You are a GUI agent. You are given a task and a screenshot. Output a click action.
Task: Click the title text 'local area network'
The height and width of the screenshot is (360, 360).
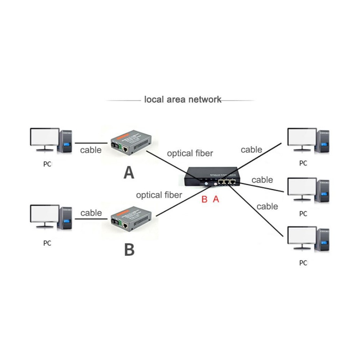pos(183,100)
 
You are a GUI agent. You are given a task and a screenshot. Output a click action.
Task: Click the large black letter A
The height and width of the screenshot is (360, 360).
pos(129,173)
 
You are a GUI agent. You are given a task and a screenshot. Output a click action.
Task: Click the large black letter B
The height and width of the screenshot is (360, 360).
pos(129,250)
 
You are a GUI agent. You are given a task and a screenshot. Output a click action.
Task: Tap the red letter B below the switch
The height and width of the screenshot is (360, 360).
pos(204,199)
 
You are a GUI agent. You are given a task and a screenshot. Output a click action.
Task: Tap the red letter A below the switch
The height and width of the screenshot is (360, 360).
pos(216,199)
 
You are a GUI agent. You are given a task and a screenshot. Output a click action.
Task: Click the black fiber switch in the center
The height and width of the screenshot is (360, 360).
pos(212,177)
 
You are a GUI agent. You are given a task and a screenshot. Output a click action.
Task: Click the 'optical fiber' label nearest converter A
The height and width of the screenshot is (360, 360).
pos(190,153)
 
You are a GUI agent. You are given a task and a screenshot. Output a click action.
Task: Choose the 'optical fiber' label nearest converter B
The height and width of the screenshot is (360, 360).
pos(159,195)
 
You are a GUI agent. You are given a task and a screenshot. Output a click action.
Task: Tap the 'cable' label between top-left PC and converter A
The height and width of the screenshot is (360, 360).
pos(91,150)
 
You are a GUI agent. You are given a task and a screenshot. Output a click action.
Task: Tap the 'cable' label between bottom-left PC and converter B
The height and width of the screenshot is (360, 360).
pos(91,213)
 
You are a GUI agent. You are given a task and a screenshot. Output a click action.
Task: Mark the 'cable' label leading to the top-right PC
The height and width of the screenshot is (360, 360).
pos(252,150)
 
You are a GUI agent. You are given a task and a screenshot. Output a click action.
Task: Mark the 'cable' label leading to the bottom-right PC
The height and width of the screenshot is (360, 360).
pos(267,207)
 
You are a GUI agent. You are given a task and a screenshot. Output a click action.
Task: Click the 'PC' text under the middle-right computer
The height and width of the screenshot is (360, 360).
pos(303,213)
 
